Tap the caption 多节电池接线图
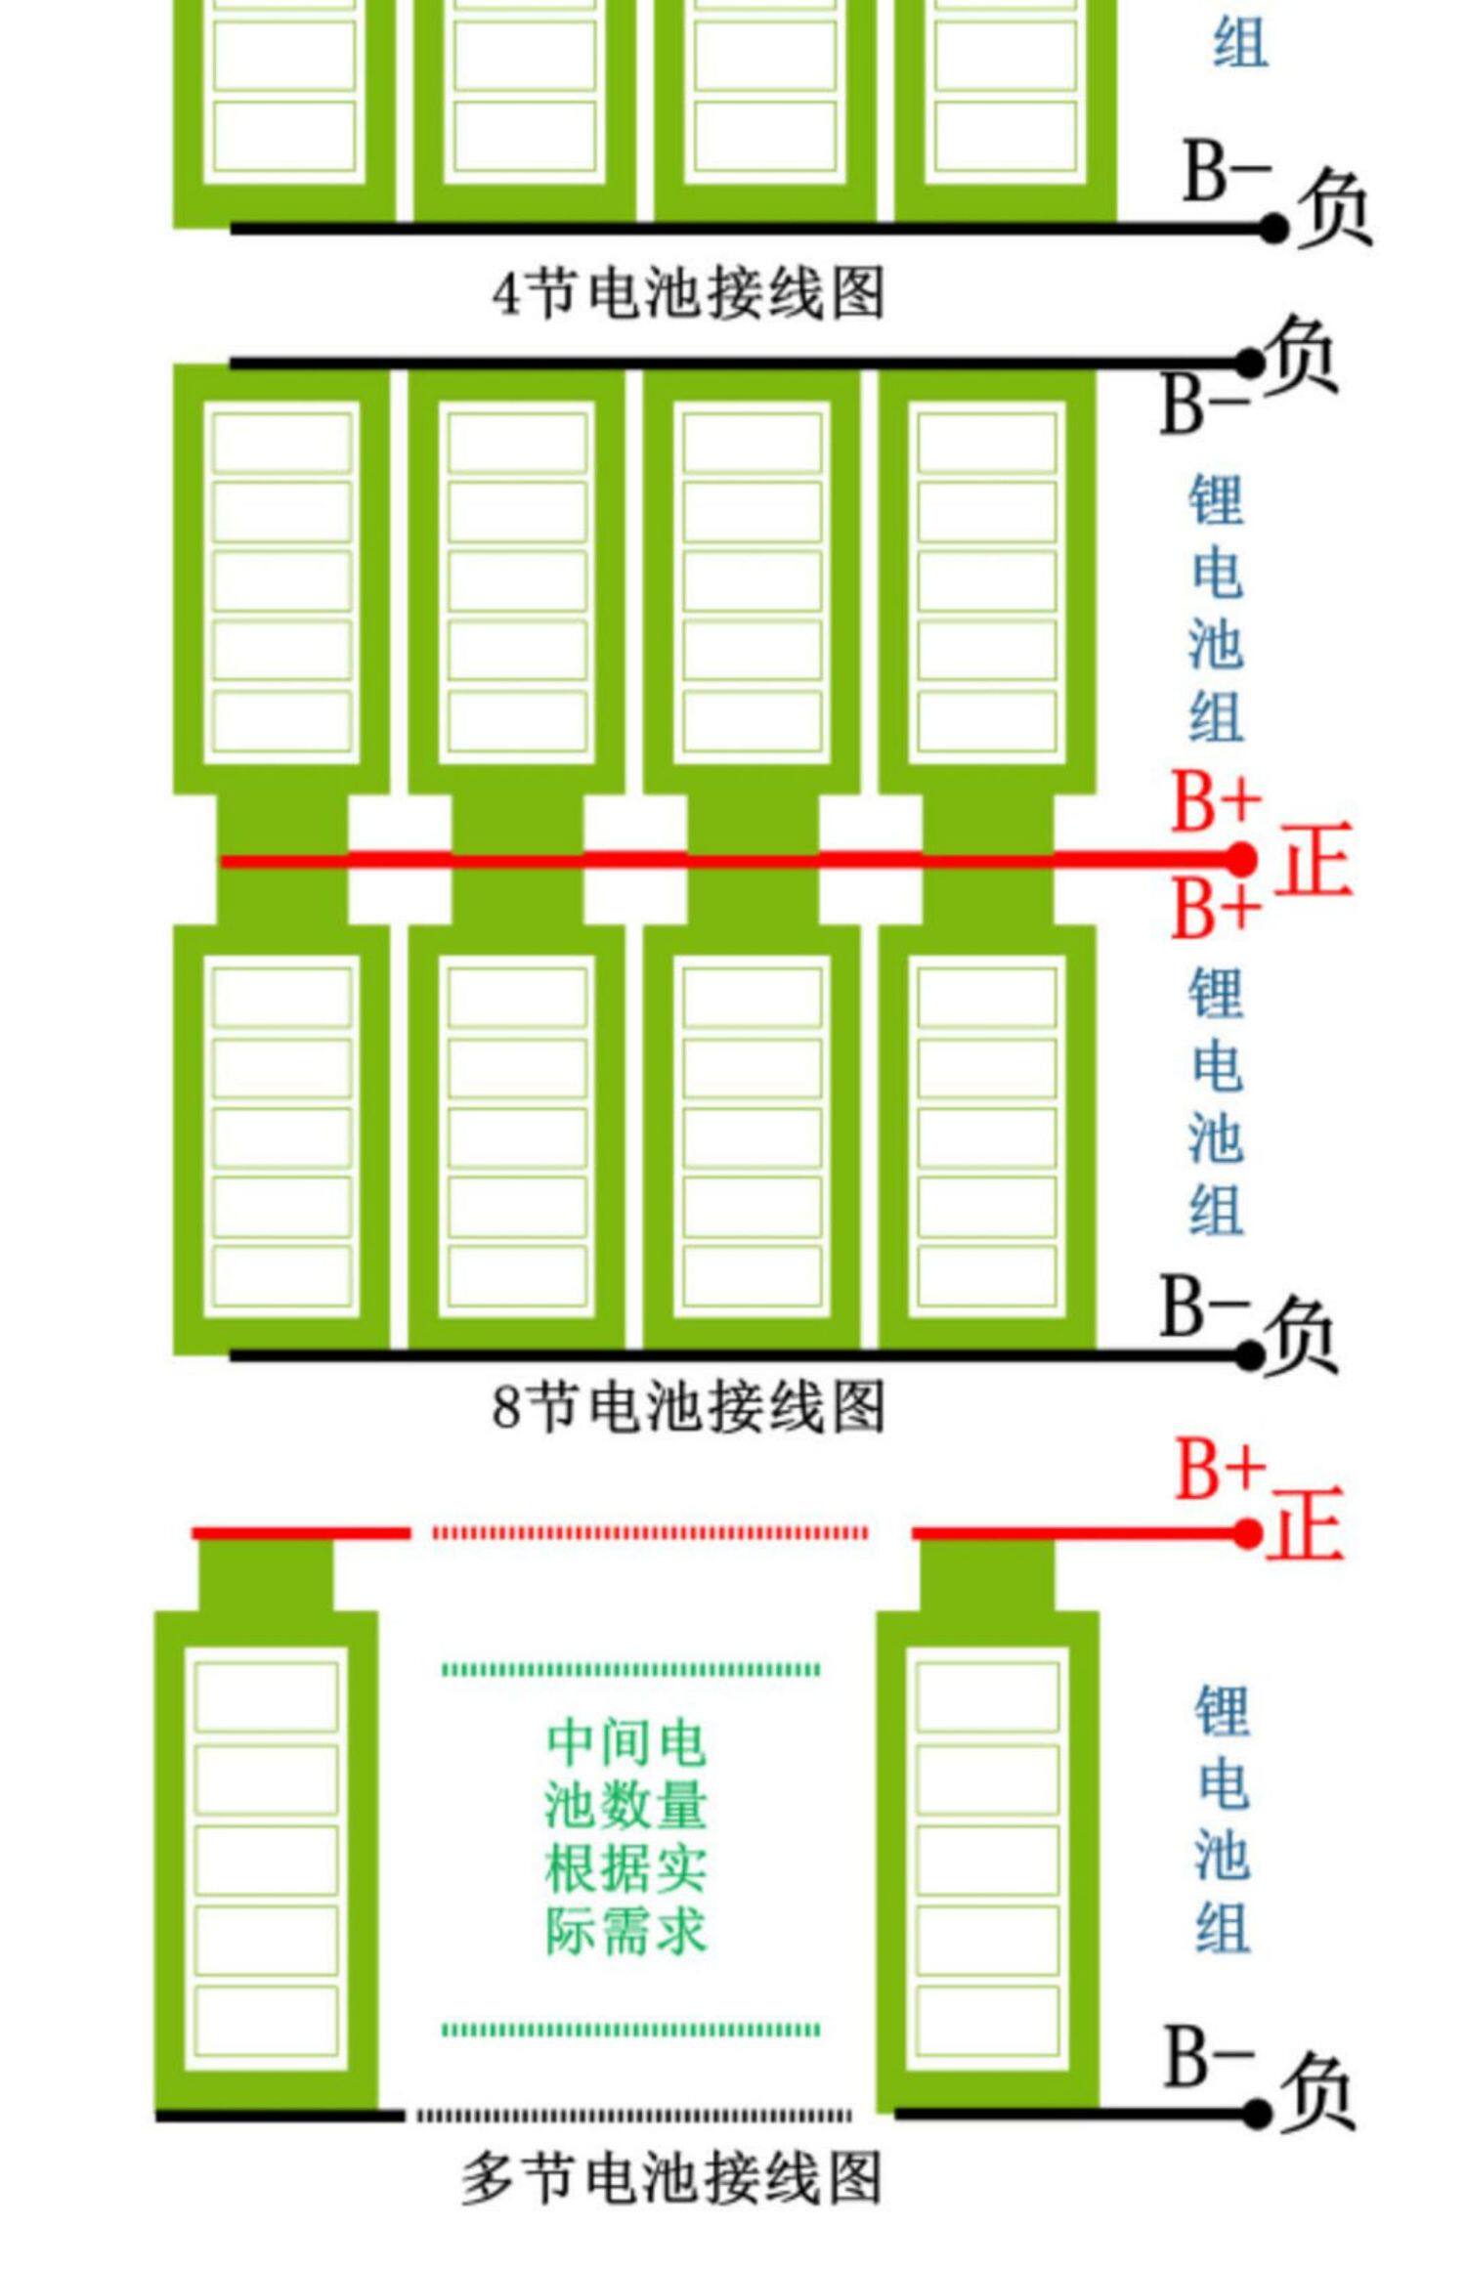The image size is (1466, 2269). (671, 2178)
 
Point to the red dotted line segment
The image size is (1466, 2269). (650, 1533)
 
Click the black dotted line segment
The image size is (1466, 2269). (633, 2116)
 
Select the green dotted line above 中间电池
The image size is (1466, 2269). (631, 1670)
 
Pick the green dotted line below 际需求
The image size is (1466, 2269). (631, 2030)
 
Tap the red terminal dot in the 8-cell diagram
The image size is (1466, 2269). (1241, 860)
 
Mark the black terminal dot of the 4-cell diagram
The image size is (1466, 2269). (1272, 229)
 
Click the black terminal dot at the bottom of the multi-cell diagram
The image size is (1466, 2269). (1258, 2115)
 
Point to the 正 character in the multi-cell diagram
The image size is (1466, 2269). (1306, 1524)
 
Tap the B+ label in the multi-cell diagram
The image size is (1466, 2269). (1220, 1469)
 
